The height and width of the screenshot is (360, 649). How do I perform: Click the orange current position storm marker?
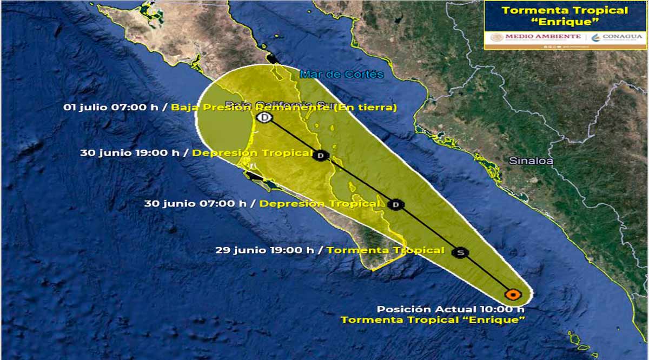(x=512, y=295)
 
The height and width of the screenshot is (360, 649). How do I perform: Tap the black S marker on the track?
(x=460, y=252)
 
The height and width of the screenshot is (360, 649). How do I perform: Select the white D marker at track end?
(x=264, y=117)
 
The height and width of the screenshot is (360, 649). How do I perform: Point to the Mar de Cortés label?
(x=342, y=75)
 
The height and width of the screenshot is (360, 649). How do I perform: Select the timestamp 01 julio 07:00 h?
(x=111, y=107)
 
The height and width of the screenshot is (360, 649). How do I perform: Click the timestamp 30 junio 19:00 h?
(x=130, y=152)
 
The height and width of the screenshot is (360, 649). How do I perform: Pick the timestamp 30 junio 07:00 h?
(x=195, y=204)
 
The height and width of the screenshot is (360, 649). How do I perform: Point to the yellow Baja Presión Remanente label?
(x=284, y=107)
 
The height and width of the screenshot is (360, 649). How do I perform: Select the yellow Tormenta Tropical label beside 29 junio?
(x=385, y=250)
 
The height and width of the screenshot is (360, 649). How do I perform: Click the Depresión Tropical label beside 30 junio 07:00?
(x=319, y=204)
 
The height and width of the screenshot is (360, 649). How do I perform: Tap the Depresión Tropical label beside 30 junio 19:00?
(x=252, y=152)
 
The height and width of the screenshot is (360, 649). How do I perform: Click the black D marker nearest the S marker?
(x=396, y=204)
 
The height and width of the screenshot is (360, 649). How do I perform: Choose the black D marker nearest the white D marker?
(x=321, y=156)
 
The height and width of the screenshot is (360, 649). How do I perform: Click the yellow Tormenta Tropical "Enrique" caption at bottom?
(x=433, y=320)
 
